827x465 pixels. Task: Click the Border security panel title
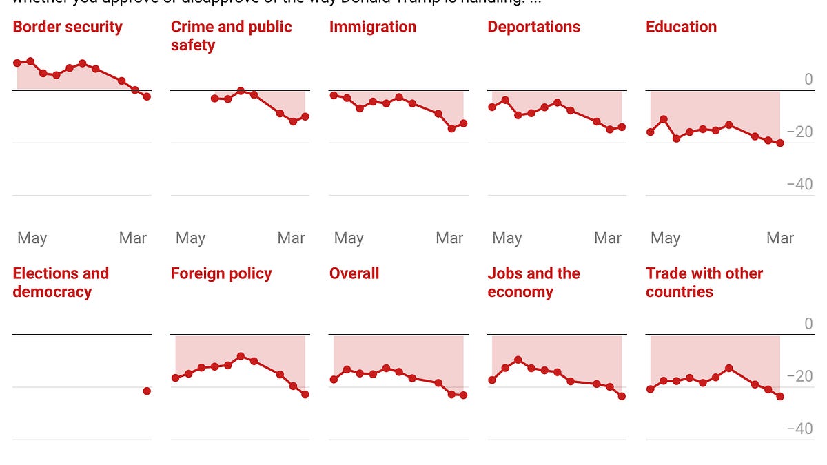68,28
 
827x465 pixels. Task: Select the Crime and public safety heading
231,36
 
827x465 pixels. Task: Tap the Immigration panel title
373,28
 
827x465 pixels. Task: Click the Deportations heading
533,28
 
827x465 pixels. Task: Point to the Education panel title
681,28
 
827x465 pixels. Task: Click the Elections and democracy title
61,282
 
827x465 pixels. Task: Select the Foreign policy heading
221,273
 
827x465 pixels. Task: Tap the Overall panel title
354,273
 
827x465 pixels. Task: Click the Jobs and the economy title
533,282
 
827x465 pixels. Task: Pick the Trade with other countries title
704,282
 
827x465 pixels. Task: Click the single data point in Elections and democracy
147,391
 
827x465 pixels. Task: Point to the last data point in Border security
147,96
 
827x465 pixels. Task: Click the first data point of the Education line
650,132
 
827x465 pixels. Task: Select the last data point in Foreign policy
305,395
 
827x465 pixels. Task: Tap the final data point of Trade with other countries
780,396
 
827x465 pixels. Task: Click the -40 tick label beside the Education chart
799,185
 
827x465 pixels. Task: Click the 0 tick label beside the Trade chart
808,324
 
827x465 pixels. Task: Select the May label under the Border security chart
32,238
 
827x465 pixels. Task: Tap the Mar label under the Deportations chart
607,238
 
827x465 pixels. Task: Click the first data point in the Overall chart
334,380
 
